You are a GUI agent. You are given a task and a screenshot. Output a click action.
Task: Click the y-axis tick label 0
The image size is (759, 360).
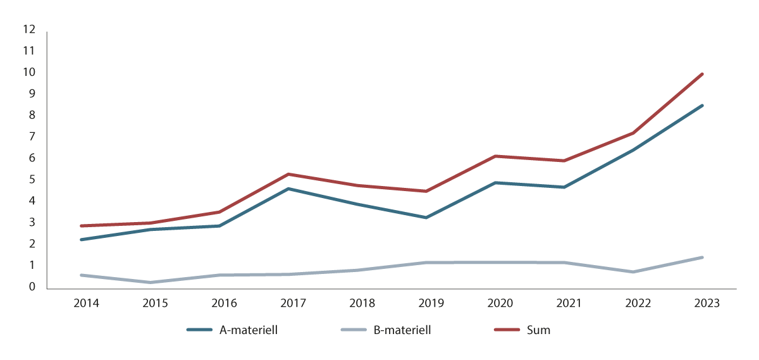point(31,287)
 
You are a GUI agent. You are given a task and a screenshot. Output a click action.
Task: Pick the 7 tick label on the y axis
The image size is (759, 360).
point(31,137)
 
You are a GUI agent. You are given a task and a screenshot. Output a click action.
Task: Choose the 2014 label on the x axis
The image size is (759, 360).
point(86,303)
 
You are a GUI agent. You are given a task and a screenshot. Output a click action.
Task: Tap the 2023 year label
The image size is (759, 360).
point(707,303)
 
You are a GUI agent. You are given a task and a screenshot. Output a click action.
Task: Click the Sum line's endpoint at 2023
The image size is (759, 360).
point(702,74)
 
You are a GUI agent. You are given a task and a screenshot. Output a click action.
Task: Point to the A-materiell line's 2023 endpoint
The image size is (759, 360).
point(702,106)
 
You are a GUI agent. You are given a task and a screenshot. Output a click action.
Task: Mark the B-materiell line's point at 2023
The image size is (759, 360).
point(702,258)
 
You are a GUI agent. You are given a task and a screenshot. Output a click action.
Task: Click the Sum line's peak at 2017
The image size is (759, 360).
point(288,174)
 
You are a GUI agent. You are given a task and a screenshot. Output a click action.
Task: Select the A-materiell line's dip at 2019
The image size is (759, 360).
point(426,218)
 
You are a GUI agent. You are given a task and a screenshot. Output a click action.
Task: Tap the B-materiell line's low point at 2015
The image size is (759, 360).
point(151,282)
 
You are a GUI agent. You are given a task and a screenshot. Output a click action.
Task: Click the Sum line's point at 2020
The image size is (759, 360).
point(495,156)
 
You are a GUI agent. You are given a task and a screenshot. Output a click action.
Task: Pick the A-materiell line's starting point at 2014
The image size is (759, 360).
point(82,240)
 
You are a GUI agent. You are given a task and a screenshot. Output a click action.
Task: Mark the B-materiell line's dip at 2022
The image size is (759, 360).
point(633,272)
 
